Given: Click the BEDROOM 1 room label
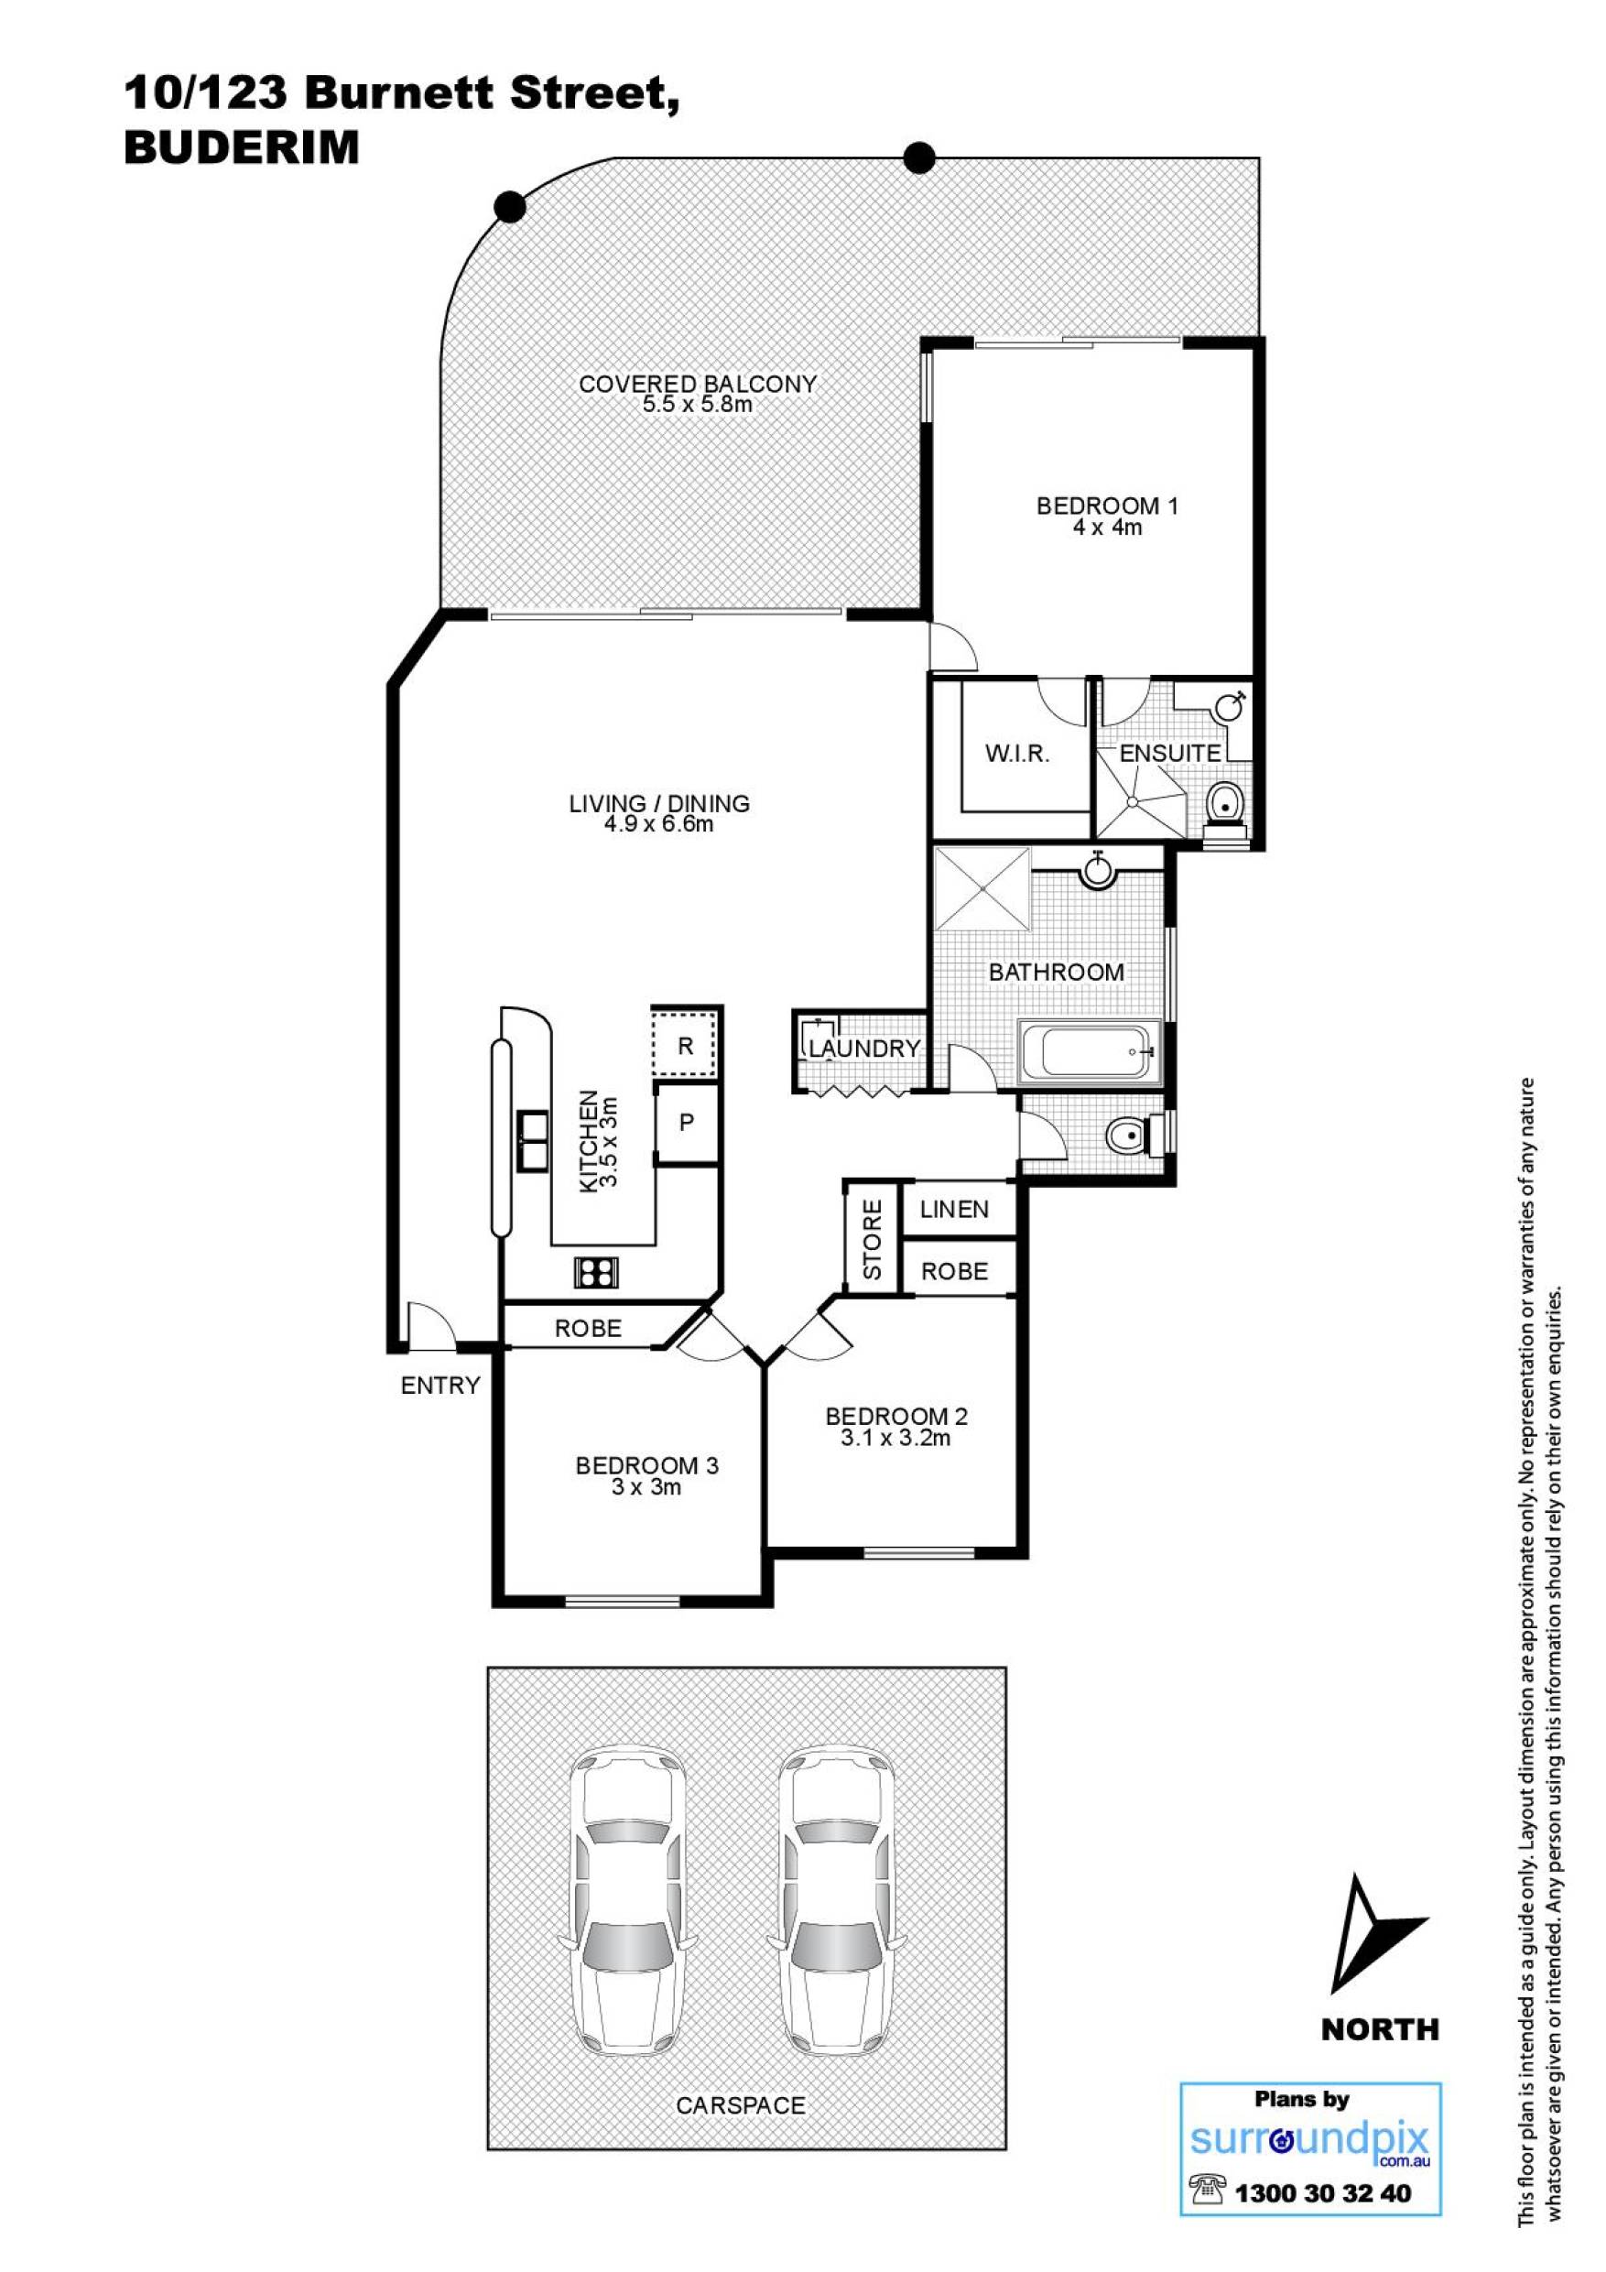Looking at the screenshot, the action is (x=1107, y=505).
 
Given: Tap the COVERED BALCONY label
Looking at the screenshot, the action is (x=698, y=384).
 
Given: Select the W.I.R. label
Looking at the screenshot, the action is (x=1017, y=753).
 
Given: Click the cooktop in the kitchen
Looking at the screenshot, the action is (x=596, y=1270).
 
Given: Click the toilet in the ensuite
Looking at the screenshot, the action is (x=1227, y=808).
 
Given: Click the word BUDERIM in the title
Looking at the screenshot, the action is (x=242, y=148).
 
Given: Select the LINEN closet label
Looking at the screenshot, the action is (x=954, y=1208).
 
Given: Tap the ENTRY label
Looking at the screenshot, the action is (x=440, y=1386).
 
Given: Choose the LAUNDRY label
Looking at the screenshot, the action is (x=865, y=1048).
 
